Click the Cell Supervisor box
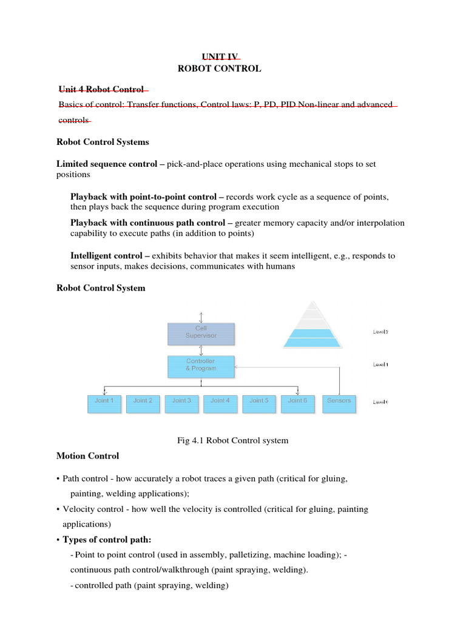201,334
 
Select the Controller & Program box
201,366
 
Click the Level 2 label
380,332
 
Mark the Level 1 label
380,364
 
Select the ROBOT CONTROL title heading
219,69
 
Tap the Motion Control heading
87,455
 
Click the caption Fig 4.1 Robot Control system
232,440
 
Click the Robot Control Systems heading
103,142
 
